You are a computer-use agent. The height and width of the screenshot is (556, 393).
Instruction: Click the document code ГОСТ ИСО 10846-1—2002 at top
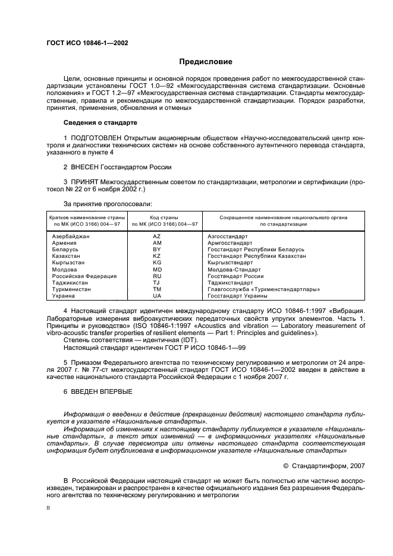click(x=87, y=43)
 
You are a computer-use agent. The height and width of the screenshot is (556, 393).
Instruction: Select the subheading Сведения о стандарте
click(x=100, y=122)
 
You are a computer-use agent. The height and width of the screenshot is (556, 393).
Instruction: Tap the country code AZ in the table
click(x=157, y=236)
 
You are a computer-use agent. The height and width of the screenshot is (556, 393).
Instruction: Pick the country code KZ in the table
click(x=157, y=255)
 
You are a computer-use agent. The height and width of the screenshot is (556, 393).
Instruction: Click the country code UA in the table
click(x=157, y=295)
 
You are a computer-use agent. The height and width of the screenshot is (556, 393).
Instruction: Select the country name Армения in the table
click(x=64, y=243)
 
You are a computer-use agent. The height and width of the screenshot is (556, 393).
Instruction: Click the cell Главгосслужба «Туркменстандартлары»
click(x=264, y=289)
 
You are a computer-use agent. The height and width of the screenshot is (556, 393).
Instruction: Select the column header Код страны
click(x=157, y=217)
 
